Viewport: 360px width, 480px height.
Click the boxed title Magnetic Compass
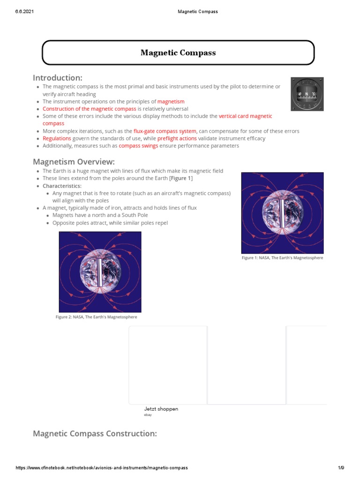coord(178,53)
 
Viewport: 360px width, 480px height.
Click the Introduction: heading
coord(57,77)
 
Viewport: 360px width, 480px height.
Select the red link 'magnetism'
coord(171,101)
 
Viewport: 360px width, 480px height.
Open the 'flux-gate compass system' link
coord(165,131)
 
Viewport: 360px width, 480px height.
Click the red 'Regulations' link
coord(57,139)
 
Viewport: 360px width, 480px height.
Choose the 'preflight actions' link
coord(177,139)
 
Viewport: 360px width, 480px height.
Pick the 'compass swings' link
coord(138,146)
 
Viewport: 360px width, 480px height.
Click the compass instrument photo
coord(307,94)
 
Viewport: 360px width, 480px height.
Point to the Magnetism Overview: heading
coord(74,162)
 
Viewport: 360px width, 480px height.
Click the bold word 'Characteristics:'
coord(62,186)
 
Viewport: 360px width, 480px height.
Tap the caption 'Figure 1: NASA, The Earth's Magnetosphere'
coord(282,258)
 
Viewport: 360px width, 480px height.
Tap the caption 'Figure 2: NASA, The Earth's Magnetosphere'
coord(96,317)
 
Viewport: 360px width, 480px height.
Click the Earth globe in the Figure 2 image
coord(100,272)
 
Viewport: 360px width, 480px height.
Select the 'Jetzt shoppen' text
coord(161,409)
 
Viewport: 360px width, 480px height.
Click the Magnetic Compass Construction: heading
coord(95,434)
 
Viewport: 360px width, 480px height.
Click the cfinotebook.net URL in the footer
coord(102,468)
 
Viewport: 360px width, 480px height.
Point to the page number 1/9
coord(341,468)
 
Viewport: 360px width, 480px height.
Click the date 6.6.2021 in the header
coord(24,12)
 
